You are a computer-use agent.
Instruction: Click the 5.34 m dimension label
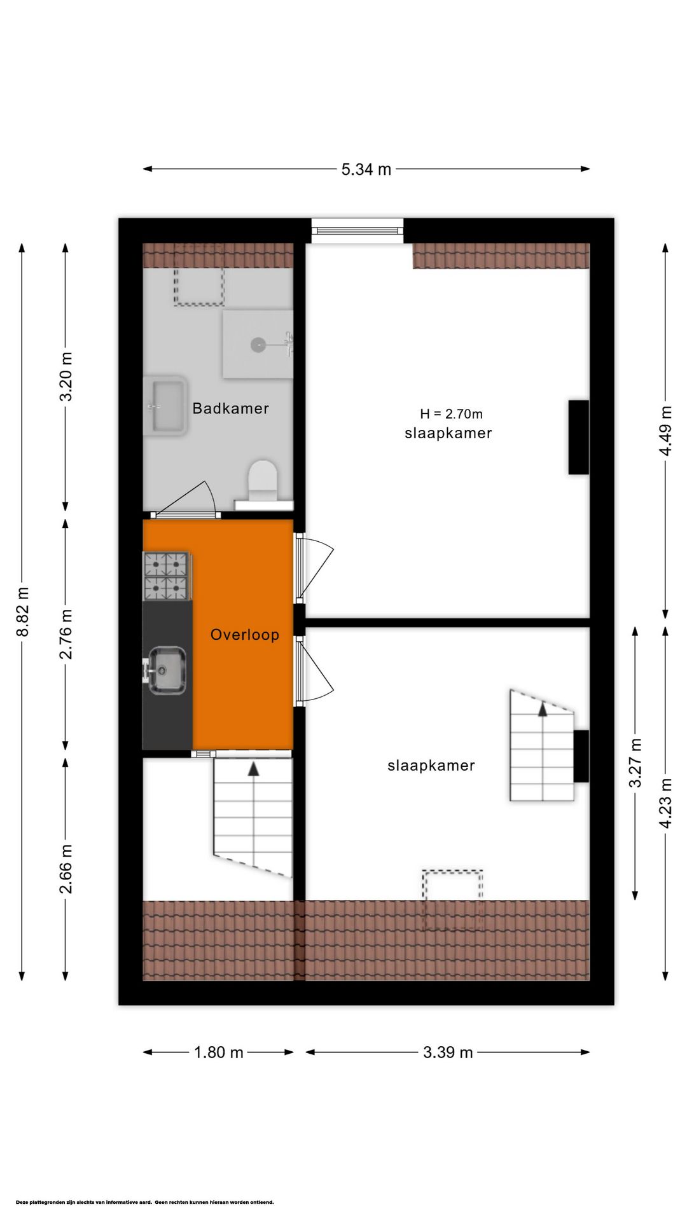pos(366,169)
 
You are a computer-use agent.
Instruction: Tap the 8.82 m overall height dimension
pos(23,611)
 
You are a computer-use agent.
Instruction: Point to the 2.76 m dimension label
pos(66,633)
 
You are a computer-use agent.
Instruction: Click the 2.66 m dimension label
pos(66,869)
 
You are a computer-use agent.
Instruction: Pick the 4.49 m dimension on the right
pos(665,431)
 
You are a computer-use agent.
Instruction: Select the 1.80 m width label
pos(218,1052)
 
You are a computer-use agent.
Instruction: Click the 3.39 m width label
pos(448,1052)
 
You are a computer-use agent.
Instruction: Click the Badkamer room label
pos(230,408)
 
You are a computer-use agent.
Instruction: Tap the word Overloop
pos(245,635)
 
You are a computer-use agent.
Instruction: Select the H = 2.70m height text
pos(451,414)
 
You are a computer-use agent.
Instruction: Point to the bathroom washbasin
pos(165,406)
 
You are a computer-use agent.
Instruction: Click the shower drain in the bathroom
pos(258,345)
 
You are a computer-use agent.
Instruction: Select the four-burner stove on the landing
pos(166,576)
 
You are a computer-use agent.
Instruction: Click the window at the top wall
pos(357,230)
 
